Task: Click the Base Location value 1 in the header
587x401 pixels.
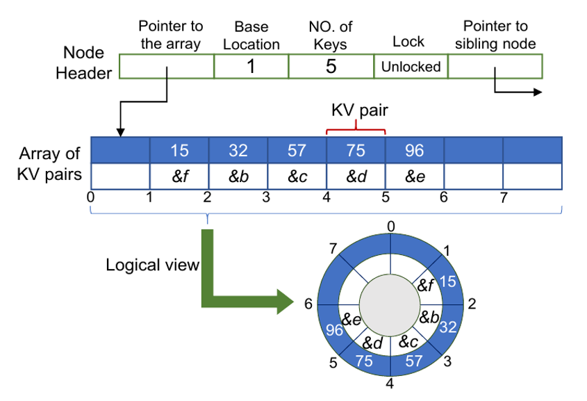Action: point(251,67)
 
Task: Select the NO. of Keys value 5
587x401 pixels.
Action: point(331,67)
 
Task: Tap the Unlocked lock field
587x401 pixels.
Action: point(411,67)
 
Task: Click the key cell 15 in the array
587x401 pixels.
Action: point(179,150)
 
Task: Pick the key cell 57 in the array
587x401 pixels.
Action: point(297,150)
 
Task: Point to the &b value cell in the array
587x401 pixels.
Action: point(238,176)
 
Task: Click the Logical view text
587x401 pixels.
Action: point(152,265)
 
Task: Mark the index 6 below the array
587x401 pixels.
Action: point(443,197)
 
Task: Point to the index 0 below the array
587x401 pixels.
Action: point(92,197)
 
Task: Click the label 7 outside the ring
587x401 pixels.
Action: point(333,249)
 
